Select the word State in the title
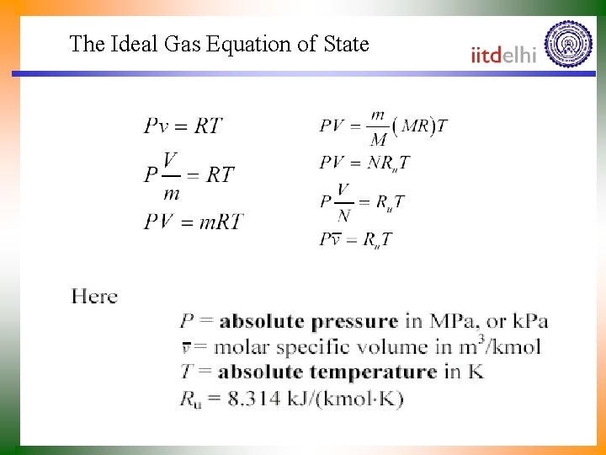(x=346, y=44)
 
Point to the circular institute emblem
(x=568, y=45)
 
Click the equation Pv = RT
(x=183, y=126)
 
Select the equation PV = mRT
(x=193, y=222)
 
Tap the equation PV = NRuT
(x=364, y=162)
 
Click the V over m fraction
(x=171, y=176)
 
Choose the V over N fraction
(x=343, y=202)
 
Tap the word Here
(x=94, y=297)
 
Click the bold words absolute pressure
(x=308, y=321)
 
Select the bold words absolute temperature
(x=327, y=372)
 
